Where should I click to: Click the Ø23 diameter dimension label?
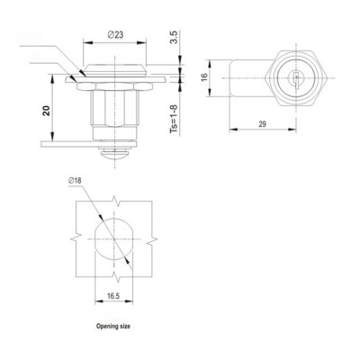click(x=115, y=34)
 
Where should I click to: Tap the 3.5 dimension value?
click(x=173, y=40)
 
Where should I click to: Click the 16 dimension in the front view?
click(x=203, y=77)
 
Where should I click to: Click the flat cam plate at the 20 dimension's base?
click(x=67, y=144)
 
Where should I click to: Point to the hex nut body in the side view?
click(x=115, y=110)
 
